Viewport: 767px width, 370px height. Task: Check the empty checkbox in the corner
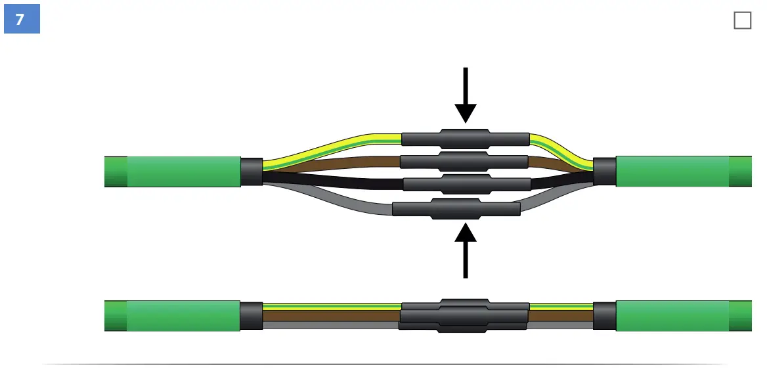(x=742, y=20)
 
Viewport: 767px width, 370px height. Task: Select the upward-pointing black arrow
(x=466, y=250)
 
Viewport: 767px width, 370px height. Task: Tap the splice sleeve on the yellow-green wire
(x=465, y=138)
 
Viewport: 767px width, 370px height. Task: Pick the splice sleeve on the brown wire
(x=464, y=161)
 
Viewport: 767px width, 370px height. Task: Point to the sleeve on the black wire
(x=466, y=183)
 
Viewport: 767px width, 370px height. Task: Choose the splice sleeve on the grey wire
(x=456, y=208)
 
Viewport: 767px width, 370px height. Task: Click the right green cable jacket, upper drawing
(x=672, y=172)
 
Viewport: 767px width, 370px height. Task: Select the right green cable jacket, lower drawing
(x=672, y=315)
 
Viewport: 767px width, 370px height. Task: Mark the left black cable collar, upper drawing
(x=251, y=172)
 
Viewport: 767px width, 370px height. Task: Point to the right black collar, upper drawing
(x=603, y=172)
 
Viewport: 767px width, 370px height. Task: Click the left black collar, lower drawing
(x=251, y=315)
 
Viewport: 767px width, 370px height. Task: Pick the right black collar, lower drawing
(x=603, y=315)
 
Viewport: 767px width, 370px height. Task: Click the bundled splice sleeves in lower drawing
(x=464, y=316)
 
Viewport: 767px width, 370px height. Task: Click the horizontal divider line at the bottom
(x=384, y=363)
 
